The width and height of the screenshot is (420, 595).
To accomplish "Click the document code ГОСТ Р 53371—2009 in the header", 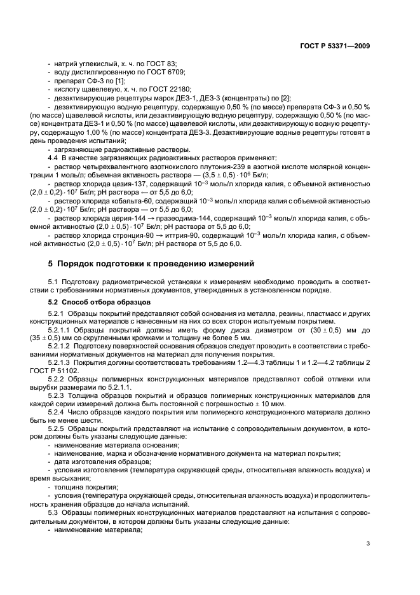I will [335, 46].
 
